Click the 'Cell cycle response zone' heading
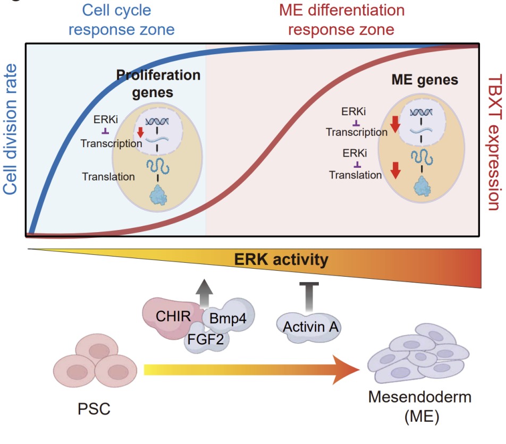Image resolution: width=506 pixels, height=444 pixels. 121,19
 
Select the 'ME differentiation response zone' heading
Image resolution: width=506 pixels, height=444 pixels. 341,19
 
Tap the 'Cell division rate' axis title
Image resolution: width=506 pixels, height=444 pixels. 11,131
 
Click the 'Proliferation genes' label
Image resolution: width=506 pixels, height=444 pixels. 158,83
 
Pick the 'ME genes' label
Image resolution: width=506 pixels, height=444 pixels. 424,80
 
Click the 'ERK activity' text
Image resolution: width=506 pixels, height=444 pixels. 281,260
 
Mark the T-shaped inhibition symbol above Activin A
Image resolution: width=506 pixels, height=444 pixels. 308,295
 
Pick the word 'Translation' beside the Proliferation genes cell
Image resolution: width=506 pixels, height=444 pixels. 108,176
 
